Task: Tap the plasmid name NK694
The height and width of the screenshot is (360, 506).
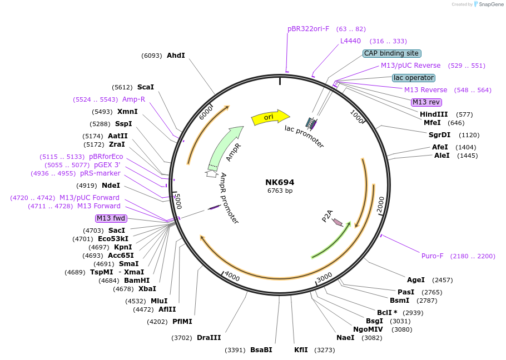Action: coord(280,182)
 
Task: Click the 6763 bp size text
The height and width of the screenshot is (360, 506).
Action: coord(280,191)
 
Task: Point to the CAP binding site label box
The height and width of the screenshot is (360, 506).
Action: coord(391,53)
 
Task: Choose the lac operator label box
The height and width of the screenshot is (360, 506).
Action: coord(413,78)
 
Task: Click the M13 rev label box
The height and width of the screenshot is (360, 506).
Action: coord(426,102)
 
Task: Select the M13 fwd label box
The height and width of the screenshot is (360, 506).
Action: coord(111,218)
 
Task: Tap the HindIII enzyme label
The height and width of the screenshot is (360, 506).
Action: coord(434,114)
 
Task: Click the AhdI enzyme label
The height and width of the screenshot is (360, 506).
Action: coord(176,56)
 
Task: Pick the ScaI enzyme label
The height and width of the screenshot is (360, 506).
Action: coord(145,87)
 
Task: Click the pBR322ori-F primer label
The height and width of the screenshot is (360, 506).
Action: coord(309,28)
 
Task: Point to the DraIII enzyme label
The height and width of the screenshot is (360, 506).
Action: coord(209,337)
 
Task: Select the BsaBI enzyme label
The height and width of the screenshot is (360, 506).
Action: coord(261,350)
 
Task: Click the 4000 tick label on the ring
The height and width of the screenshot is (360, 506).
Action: coord(232,278)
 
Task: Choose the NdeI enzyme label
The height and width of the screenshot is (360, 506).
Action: coord(111,186)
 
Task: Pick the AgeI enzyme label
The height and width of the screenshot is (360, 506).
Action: coord(416,280)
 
